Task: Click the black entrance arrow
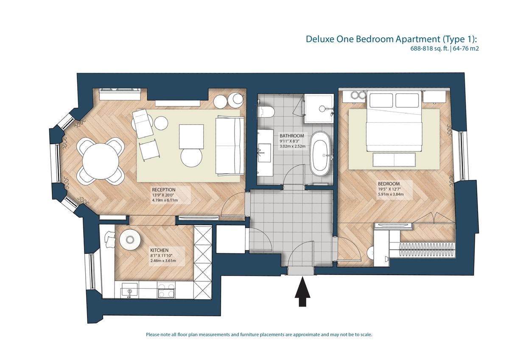point(302,291)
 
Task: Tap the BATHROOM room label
point(292,136)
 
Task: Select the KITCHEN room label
point(159,250)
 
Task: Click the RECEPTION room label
point(164,190)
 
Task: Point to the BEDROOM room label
point(389,184)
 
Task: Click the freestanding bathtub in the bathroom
point(320,153)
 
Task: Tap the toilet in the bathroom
point(266,112)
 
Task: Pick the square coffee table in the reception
point(191,137)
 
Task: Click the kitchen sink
point(129,290)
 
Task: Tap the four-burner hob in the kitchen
point(166,290)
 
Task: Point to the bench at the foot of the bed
point(394,160)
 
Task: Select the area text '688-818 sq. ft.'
point(429,48)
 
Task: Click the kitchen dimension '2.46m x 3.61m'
point(163,261)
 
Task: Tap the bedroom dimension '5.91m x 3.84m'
point(391,194)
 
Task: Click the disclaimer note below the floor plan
point(259,335)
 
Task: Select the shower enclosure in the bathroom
point(319,109)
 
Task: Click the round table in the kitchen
point(130,240)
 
